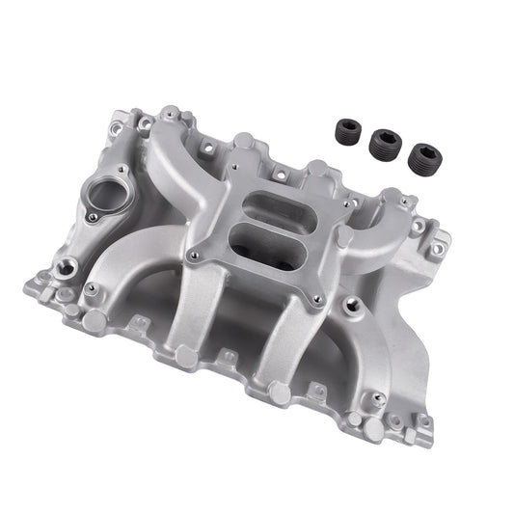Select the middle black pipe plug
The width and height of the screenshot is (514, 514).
(x=384, y=143)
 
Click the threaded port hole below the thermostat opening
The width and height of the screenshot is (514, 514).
(x=70, y=261)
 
